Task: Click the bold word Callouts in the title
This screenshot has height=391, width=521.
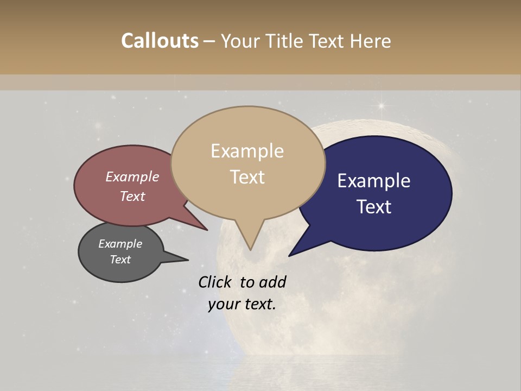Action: [160, 41]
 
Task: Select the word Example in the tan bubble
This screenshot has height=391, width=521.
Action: [247, 151]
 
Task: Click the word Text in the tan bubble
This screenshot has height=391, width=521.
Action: [247, 176]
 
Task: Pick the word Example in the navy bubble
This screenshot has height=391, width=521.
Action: [374, 181]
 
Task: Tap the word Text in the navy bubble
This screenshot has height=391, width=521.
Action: [374, 207]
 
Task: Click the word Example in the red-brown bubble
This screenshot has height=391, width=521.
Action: [132, 176]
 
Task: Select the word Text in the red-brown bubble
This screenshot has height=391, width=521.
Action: [132, 196]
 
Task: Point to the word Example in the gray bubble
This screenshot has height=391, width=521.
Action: [120, 244]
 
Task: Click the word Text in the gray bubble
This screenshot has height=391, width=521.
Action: [120, 260]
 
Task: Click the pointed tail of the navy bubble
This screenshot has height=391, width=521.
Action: [296, 250]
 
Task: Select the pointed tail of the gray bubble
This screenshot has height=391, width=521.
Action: [182, 259]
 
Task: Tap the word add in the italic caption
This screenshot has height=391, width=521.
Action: [272, 282]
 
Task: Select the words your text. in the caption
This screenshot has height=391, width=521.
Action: [242, 304]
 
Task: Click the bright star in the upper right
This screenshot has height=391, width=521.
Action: [382, 105]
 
